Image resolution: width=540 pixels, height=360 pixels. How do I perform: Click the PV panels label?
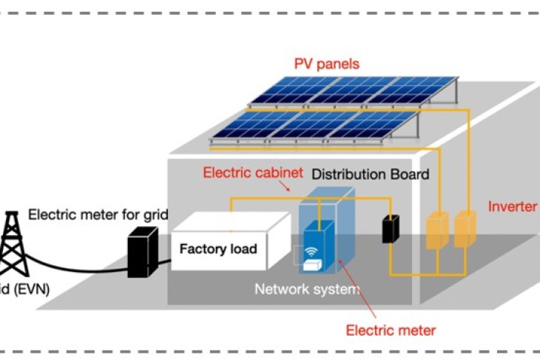point(326,64)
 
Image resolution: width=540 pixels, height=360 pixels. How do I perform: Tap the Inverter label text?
point(513,206)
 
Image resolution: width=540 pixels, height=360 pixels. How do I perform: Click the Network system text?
point(306,288)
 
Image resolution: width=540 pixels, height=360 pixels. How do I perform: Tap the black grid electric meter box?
point(142,251)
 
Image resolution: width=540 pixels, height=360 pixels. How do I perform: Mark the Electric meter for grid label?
point(98,215)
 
